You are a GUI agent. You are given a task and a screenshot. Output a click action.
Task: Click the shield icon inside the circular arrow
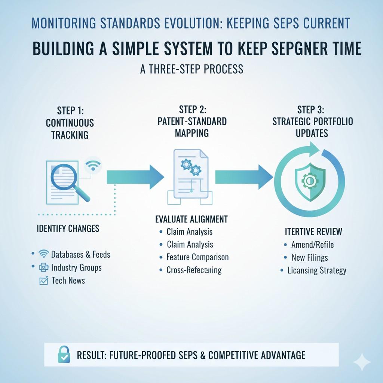(309, 181)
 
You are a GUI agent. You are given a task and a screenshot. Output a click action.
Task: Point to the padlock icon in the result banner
(63, 354)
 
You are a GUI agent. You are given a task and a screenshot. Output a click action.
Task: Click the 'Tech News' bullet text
(68, 280)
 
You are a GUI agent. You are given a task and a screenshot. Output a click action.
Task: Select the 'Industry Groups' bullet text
(76, 267)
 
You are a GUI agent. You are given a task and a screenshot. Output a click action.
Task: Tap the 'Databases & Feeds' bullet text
(80, 255)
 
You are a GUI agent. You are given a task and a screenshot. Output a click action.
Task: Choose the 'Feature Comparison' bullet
(197, 257)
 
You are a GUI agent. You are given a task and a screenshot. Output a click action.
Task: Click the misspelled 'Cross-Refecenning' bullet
(194, 270)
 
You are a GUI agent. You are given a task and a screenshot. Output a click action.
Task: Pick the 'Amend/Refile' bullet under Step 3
(312, 245)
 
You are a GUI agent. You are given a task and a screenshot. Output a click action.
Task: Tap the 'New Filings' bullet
(310, 257)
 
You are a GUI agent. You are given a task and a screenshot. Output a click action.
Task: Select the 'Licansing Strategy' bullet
(317, 270)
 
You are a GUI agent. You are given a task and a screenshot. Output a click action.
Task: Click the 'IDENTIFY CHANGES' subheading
(68, 228)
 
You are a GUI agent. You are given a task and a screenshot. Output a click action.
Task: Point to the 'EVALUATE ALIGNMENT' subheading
(191, 219)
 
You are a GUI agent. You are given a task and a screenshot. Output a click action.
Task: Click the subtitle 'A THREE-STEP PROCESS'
(191, 69)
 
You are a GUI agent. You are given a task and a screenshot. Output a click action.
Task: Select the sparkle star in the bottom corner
(362, 362)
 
